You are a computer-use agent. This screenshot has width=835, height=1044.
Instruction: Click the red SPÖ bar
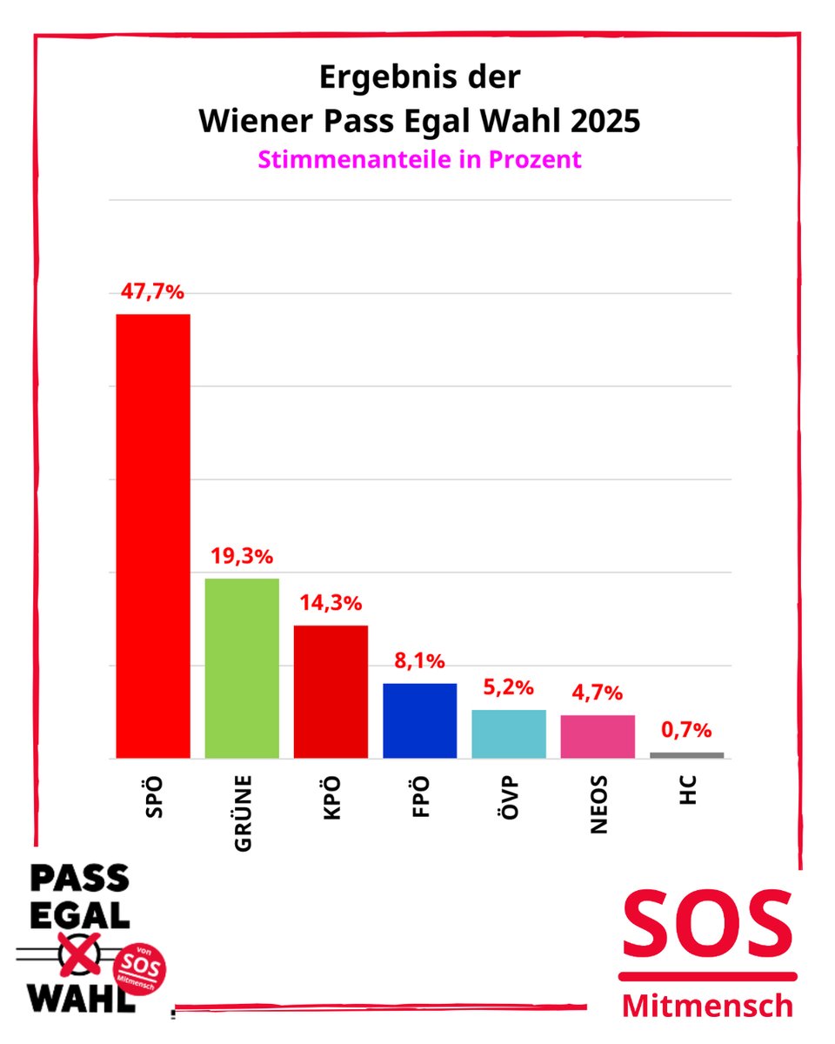click(153, 536)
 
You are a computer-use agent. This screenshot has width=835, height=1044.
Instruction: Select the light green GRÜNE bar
click(242, 668)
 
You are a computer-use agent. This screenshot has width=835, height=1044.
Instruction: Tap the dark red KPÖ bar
click(331, 692)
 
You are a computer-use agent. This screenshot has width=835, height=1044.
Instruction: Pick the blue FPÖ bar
click(420, 720)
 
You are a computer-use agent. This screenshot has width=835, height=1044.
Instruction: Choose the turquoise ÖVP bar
click(509, 733)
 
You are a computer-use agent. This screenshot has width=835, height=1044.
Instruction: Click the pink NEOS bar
click(598, 736)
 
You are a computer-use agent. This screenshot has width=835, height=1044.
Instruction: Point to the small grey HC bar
click(686, 755)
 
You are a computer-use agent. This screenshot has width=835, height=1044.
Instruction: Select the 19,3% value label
click(242, 558)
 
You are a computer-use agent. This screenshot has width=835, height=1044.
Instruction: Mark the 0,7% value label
click(686, 730)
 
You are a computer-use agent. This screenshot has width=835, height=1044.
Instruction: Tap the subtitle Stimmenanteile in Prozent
click(419, 160)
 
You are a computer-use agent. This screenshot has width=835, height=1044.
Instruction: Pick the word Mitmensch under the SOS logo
click(708, 1006)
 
